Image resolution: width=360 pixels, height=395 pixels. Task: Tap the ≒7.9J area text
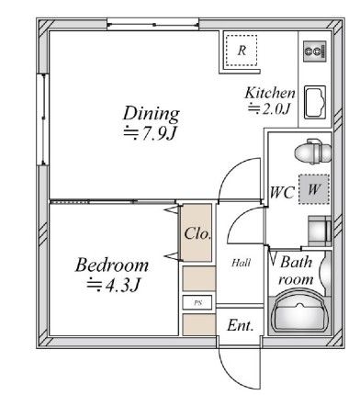point(151,133)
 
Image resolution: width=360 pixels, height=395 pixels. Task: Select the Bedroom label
point(112,265)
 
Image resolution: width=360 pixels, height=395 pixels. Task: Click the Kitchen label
point(269,93)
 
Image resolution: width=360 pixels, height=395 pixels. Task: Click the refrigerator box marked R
point(242,51)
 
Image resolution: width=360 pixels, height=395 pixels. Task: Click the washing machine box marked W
point(314,188)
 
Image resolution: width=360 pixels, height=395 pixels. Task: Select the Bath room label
point(297,269)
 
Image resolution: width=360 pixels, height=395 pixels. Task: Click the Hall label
point(241,263)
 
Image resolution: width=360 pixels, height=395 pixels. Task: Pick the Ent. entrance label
point(241,324)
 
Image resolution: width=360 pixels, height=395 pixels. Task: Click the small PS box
point(196,302)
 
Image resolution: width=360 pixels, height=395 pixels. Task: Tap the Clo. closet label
point(197,233)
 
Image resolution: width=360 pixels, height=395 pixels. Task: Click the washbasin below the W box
point(318,228)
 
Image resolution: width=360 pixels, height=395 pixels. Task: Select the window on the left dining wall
point(41,110)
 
